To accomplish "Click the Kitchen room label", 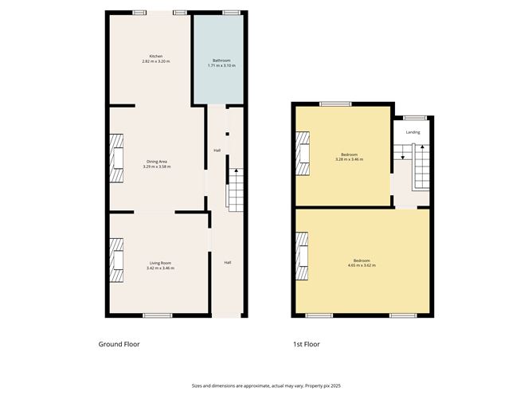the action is coord(156,56).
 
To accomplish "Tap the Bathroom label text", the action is coord(221,61).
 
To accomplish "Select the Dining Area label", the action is coord(157,162).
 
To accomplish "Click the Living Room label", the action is coord(161,263).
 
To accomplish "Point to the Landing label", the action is coord(413,132).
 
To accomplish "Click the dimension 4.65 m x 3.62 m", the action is coord(362,265).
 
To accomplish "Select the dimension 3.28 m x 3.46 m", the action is coord(349,159).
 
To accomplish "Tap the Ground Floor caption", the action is coord(119,344).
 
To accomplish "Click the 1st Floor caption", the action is coord(307,344).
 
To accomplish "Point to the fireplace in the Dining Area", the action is coord(116,158).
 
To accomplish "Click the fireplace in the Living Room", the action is coord(116,260).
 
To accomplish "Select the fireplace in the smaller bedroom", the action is coord(303,154).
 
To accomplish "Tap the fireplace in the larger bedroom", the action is coord(302,256).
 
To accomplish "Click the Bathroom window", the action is coord(232,13).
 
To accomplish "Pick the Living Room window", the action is coord(158,315).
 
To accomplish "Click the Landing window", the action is coord(415,118).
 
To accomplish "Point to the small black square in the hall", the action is coord(227,134).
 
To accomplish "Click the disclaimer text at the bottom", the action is coord(266,385).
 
